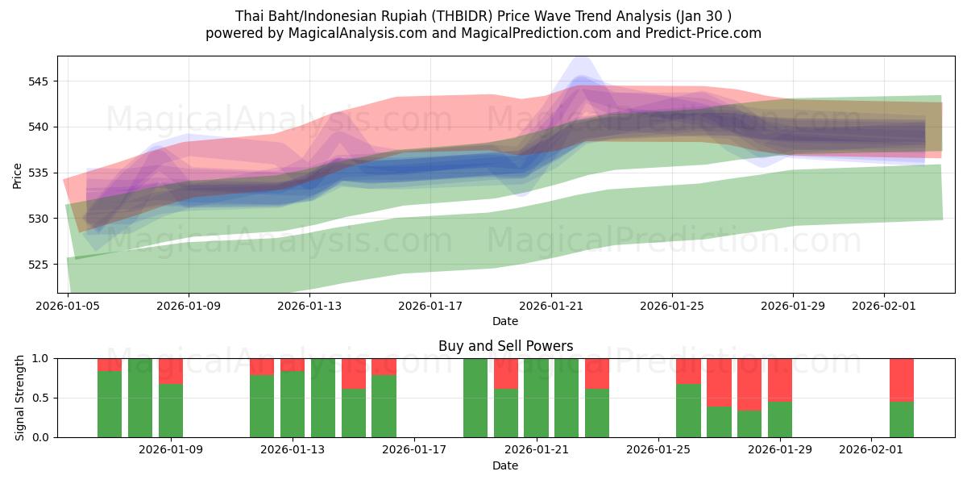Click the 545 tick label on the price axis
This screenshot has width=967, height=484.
[39, 81]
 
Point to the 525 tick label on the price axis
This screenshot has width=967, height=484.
[39, 265]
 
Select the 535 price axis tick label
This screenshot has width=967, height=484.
[39, 173]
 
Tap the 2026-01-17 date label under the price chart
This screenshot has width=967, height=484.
[430, 306]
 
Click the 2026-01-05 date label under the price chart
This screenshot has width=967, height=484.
[68, 306]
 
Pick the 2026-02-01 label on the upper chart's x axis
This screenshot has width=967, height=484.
[885, 306]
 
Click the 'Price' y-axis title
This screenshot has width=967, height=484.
[18, 174]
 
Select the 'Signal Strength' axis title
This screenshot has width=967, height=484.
[20, 398]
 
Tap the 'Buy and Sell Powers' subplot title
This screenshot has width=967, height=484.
[505, 346]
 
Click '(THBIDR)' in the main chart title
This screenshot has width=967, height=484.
[442, 16]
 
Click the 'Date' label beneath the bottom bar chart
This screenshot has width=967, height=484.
[505, 465]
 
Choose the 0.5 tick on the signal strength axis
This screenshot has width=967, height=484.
[40, 398]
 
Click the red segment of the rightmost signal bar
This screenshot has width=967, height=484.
[902, 379]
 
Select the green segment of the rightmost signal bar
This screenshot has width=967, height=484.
[902, 419]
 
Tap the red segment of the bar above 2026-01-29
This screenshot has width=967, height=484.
[780, 379]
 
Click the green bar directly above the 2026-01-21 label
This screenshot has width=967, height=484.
[536, 398]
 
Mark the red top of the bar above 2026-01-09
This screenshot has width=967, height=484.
[171, 370]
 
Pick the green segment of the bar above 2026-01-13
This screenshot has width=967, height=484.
[293, 403]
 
